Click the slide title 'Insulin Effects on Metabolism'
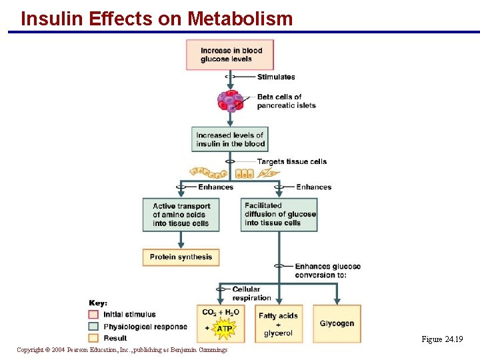click(x=157, y=19)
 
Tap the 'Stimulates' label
click(x=276, y=77)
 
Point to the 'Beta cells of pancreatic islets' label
click(x=286, y=101)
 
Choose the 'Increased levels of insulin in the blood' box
click(x=230, y=139)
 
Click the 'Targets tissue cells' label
click(x=292, y=161)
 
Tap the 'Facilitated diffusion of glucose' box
click(x=279, y=214)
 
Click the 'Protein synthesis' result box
click(x=181, y=257)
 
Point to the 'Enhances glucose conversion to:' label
click(x=327, y=271)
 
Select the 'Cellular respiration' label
click(x=251, y=293)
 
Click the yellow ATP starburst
click(x=225, y=329)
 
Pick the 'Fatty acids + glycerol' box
click(x=279, y=324)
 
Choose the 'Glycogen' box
click(x=337, y=324)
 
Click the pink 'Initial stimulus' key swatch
click(x=93, y=314)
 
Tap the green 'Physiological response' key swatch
click(x=93, y=326)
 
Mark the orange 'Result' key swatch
click(x=93, y=338)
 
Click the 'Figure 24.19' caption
click(x=442, y=339)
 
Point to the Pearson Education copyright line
click(x=122, y=350)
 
